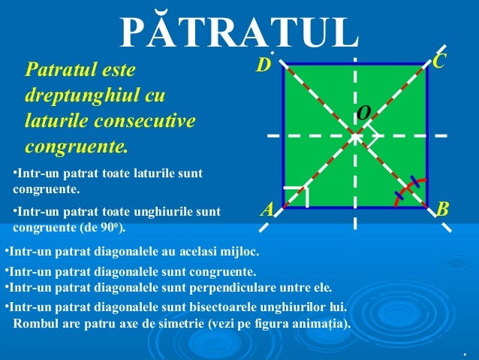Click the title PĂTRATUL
point(239,32)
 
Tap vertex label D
point(262,67)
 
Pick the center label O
point(363,113)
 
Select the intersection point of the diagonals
point(355,136)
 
